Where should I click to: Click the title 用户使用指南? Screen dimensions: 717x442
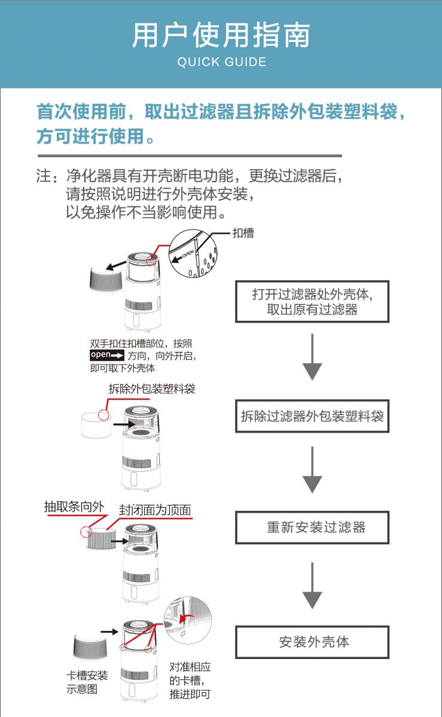click(x=221, y=35)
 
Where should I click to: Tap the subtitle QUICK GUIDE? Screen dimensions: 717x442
click(x=221, y=62)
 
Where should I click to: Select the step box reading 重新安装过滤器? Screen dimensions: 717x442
click(x=312, y=528)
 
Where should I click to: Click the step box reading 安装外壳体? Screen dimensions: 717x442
click(x=312, y=642)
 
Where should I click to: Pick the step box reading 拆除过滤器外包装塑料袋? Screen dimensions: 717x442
click(x=312, y=416)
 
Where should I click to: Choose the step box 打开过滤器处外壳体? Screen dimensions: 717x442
click(x=312, y=302)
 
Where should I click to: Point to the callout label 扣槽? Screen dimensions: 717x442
click(x=243, y=233)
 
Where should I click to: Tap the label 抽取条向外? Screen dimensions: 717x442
click(x=74, y=506)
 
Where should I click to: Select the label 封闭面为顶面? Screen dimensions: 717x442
click(x=155, y=510)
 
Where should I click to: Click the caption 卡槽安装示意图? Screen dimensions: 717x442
click(x=87, y=682)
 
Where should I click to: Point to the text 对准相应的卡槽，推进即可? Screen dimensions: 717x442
click(x=190, y=681)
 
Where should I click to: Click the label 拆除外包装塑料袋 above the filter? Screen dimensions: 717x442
click(x=152, y=389)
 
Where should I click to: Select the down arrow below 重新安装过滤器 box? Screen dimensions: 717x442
click(x=312, y=584)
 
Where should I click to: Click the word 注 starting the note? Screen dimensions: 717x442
click(x=44, y=177)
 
